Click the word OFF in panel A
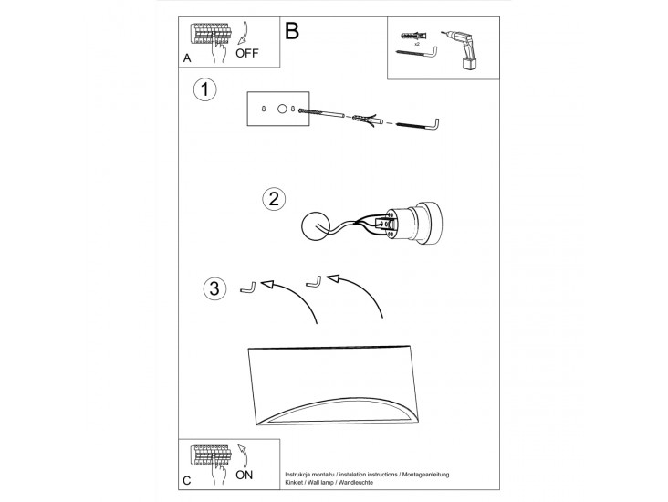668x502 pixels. [x=247, y=53]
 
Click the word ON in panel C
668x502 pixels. [x=245, y=475]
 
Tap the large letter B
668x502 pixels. [x=292, y=31]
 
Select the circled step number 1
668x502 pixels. [x=205, y=90]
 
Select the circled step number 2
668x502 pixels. [x=274, y=199]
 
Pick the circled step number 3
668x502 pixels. [x=214, y=288]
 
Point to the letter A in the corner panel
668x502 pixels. [x=186, y=58]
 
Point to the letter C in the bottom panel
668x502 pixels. [x=186, y=481]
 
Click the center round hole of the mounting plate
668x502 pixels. [x=282, y=110]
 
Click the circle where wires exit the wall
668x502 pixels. [x=315, y=226]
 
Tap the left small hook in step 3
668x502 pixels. [x=247, y=288]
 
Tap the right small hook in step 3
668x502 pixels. [x=314, y=282]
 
